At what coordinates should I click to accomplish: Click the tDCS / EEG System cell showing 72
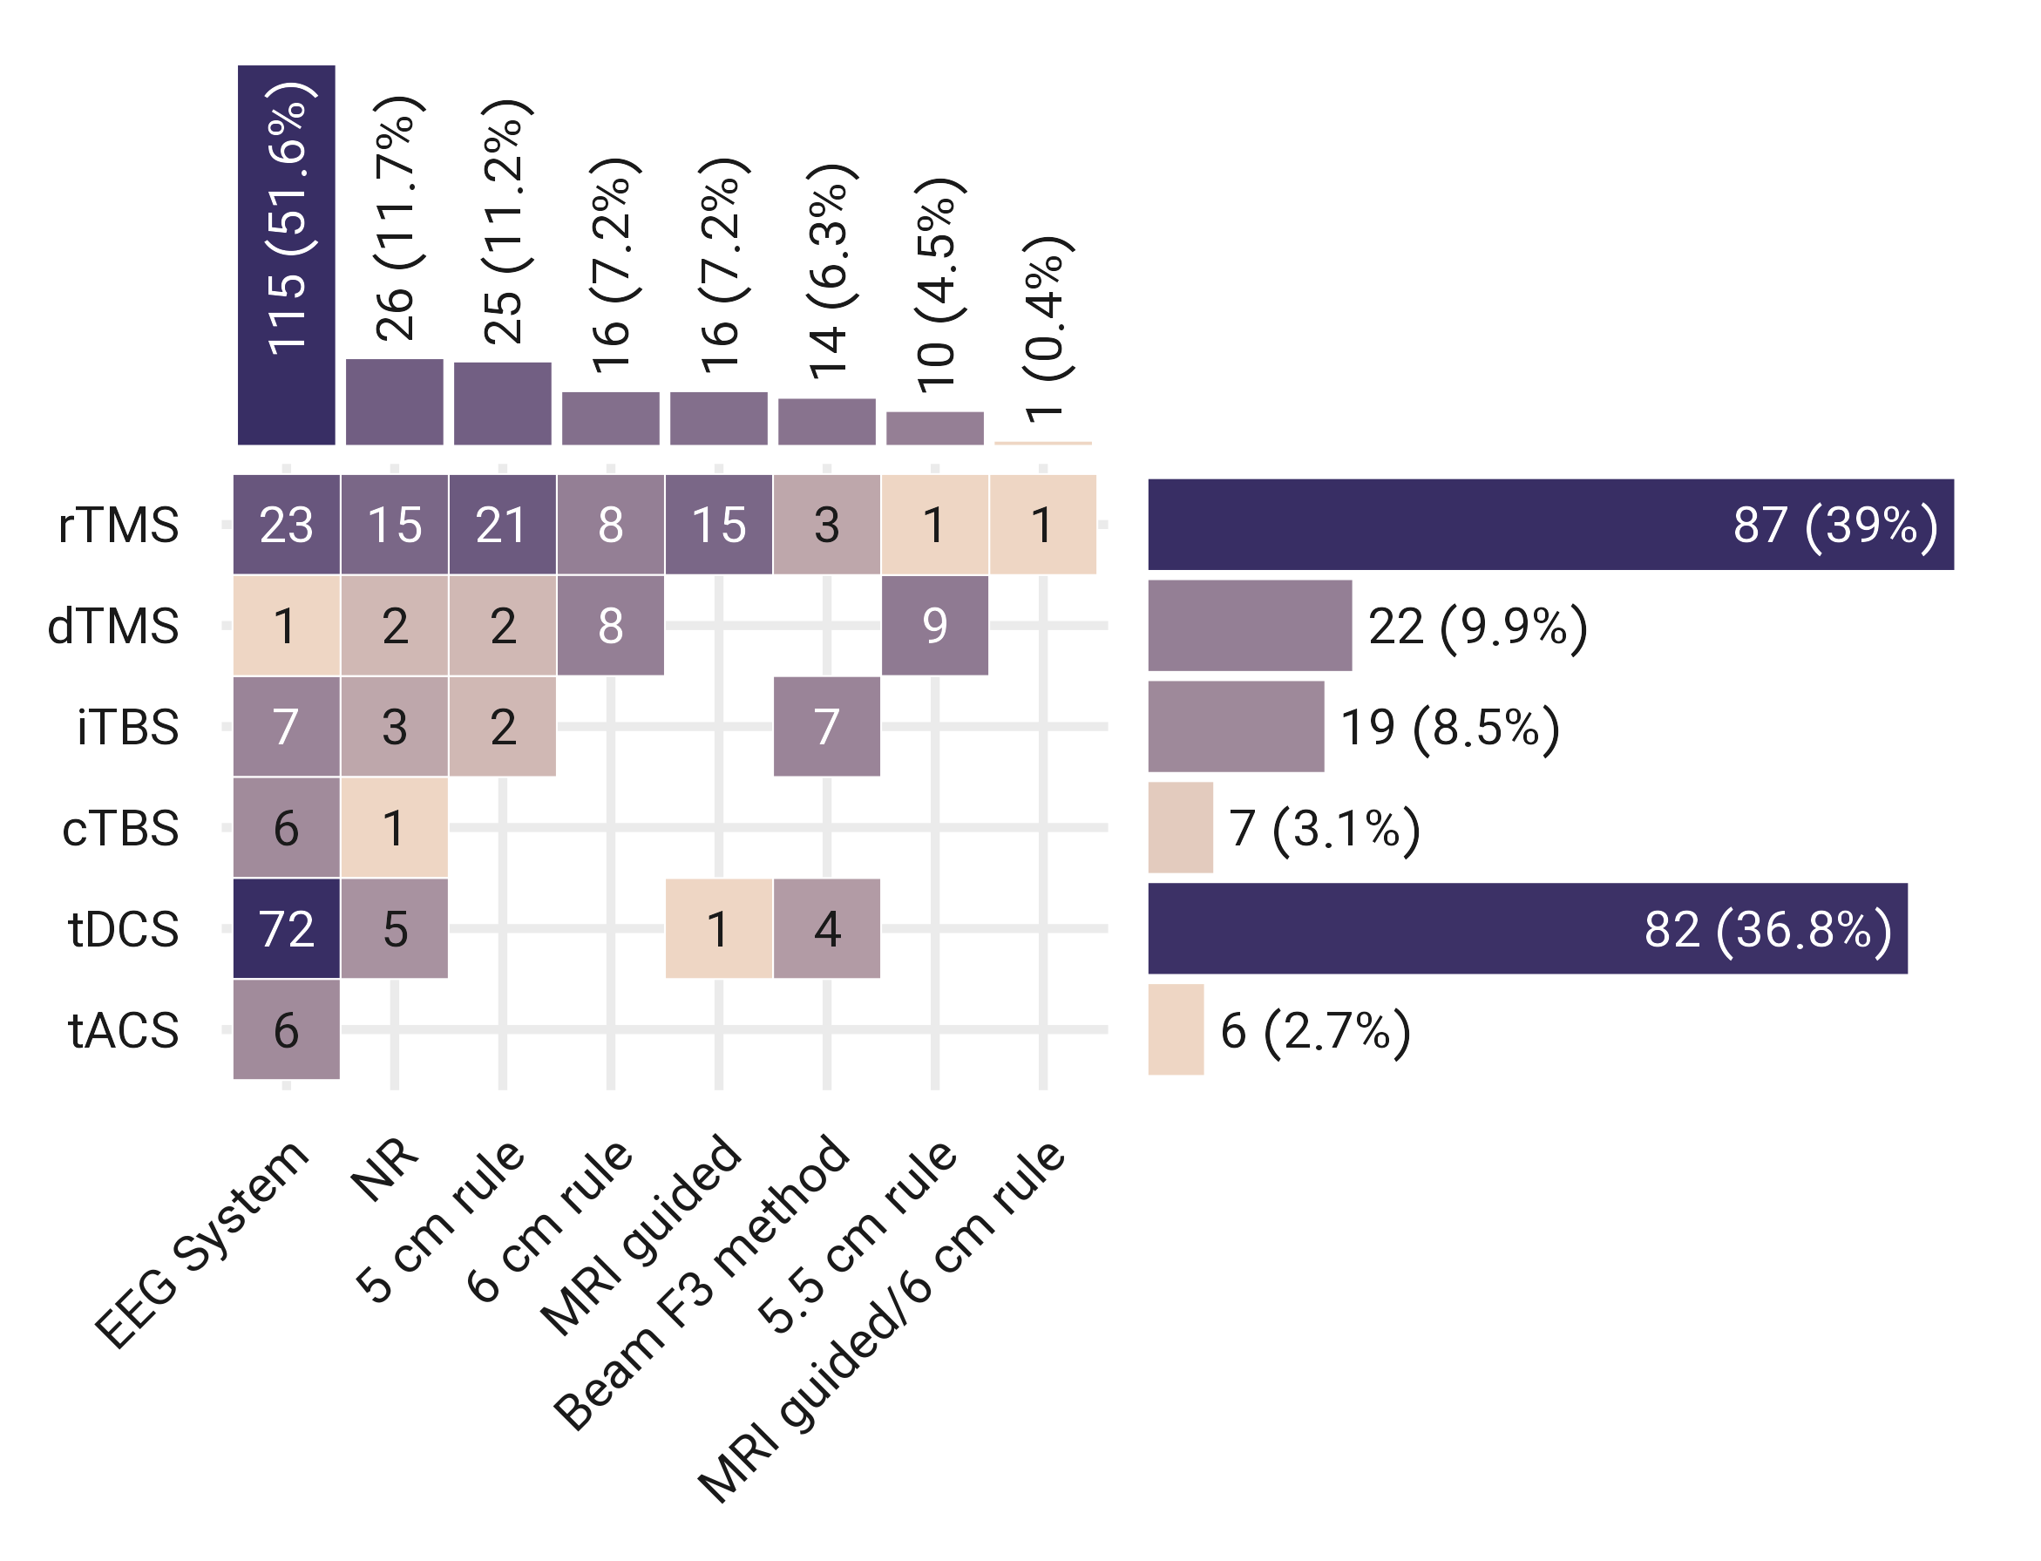(x=286, y=928)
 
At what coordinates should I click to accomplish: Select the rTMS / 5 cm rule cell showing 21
(x=502, y=524)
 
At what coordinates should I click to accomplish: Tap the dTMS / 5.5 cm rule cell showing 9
(x=933, y=625)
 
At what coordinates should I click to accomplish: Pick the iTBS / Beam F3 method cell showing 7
(x=826, y=726)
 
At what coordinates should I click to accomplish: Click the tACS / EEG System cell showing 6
(x=286, y=1029)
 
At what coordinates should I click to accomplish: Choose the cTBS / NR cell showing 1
(x=394, y=827)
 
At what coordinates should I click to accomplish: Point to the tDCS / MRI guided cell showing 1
(x=718, y=928)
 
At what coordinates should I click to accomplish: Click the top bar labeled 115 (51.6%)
(x=286, y=255)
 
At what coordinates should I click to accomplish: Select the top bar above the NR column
(x=394, y=402)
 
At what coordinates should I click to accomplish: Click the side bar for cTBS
(x=1180, y=827)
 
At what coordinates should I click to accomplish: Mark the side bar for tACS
(x=1175, y=1029)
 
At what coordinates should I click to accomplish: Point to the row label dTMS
(x=113, y=625)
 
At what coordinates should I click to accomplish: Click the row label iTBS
(x=127, y=727)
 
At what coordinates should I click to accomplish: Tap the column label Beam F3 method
(x=702, y=1282)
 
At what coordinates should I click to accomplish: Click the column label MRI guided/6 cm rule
(x=883, y=1320)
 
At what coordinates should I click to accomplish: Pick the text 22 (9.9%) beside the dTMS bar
(x=1477, y=625)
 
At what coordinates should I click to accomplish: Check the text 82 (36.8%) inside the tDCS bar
(x=1767, y=928)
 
